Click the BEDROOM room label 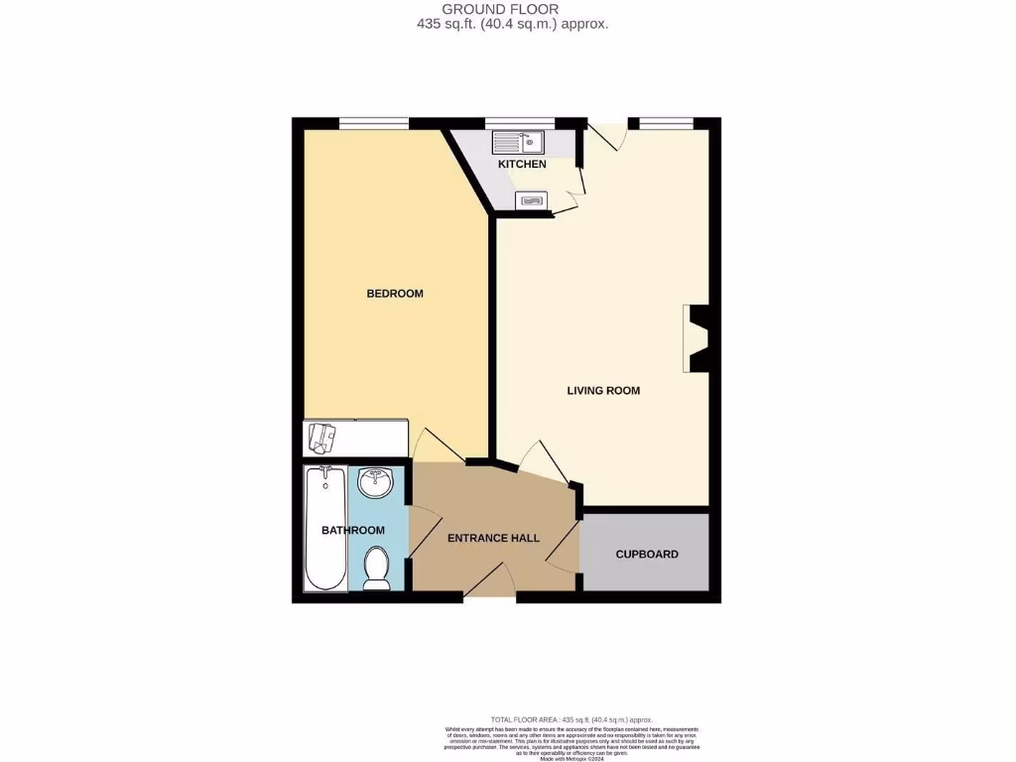pyautogui.click(x=395, y=294)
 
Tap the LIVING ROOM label pyautogui.click(x=603, y=391)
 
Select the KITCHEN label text pyautogui.click(x=522, y=164)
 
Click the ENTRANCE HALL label pyautogui.click(x=493, y=538)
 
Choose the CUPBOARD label pyautogui.click(x=647, y=554)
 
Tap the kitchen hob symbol pyautogui.click(x=531, y=201)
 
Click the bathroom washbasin pyautogui.click(x=376, y=484)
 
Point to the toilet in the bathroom pyautogui.click(x=376, y=568)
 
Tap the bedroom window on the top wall pyautogui.click(x=374, y=123)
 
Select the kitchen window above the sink pyautogui.click(x=519, y=123)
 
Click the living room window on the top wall pyautogui.click(x=665, y=123)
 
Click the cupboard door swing pyautogui.click(x=563, y=548)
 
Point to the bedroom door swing pyautogui.click(x=434, y=446)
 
